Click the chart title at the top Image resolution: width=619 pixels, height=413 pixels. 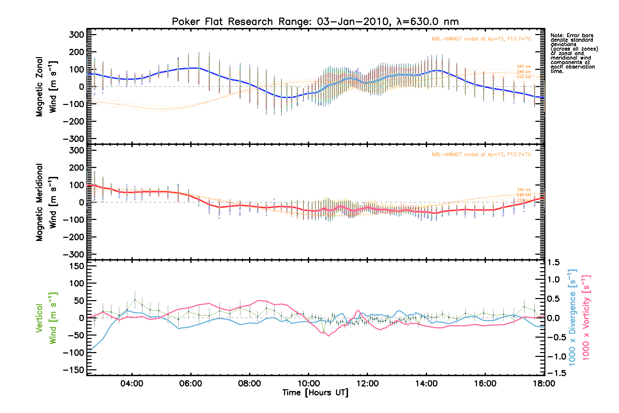tap(315, 22)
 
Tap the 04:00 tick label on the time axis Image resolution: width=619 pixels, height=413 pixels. tap(132, 383)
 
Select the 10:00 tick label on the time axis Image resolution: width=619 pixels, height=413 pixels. tap(308, 383)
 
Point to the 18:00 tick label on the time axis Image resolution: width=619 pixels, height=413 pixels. tap(544, 383)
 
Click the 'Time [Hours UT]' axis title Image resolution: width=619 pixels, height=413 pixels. tap(315, 393)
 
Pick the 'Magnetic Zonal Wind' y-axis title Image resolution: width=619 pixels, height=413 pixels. tap(46, 87)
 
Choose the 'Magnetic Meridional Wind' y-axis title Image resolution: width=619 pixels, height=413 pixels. tap(46, 202)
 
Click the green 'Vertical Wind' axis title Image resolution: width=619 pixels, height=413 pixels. tap(46, 318)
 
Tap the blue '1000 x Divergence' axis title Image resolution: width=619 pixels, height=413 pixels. tap(572, 317)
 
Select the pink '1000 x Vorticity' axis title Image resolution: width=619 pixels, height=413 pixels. tap(586, 317)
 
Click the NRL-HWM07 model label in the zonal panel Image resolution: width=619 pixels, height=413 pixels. tap(481, 39)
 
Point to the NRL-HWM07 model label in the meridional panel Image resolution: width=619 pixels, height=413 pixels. tap(481, 155)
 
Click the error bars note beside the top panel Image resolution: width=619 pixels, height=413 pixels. tap(574, 53)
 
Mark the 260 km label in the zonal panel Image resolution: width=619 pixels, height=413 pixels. tap(524, 66)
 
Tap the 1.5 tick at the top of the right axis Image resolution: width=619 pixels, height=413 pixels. tap(553, 263)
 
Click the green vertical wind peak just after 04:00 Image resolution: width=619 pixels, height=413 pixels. tap(135, 299)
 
